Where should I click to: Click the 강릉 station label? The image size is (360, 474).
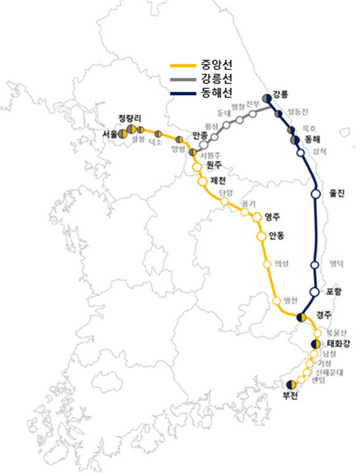[280, 95]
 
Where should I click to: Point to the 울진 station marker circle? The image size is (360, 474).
[316, 194]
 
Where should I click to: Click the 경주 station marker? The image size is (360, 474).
[301, 317]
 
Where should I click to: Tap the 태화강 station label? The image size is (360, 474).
[338, 344]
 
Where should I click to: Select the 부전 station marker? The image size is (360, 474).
[292, 384]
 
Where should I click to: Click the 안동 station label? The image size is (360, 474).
[276, 235]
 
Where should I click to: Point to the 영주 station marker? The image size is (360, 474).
[257, 217]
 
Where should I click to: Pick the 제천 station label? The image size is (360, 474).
[218, 181]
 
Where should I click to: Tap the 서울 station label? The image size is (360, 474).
[111, 133]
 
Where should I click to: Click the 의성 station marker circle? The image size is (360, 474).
[267, 265]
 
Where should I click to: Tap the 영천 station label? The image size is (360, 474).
[291, 300]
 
